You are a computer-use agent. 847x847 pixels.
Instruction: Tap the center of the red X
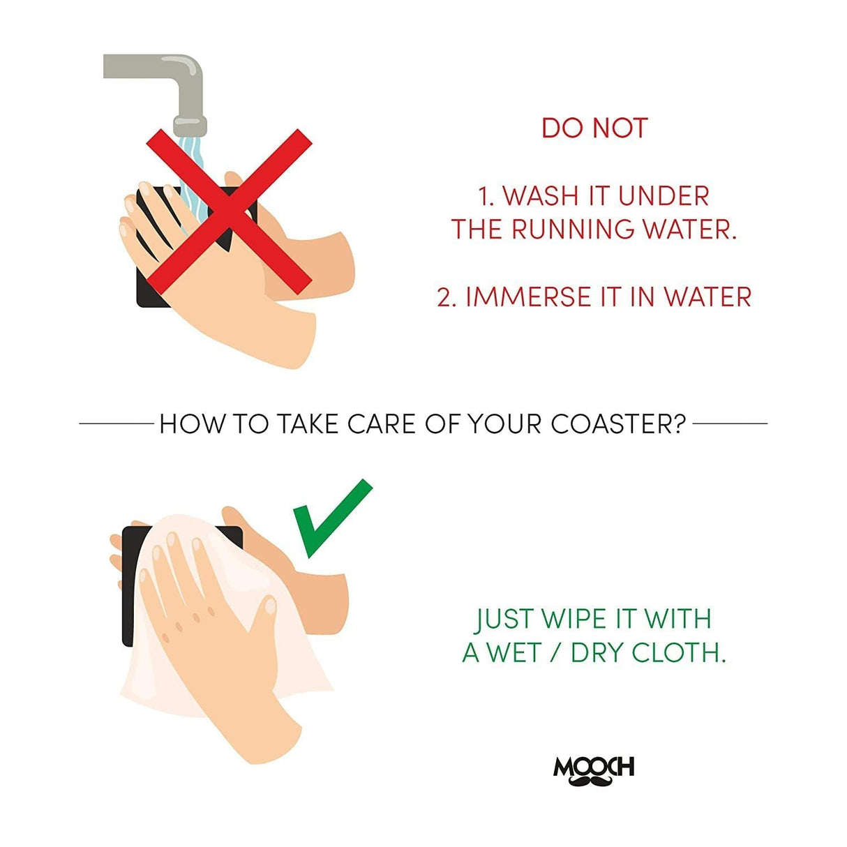pos(229,211)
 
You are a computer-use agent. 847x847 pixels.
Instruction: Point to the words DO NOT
pos(594,128)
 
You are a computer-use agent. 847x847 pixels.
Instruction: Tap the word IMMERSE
pos(527,297)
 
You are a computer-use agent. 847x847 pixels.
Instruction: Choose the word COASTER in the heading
pos(618,424)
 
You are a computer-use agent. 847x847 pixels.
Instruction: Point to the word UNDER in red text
pos(664,195)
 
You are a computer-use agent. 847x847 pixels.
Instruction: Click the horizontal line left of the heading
pos(116,423)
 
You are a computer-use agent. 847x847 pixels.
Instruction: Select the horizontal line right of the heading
pos(730,423)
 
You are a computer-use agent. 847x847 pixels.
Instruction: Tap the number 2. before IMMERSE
pos(447,297)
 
